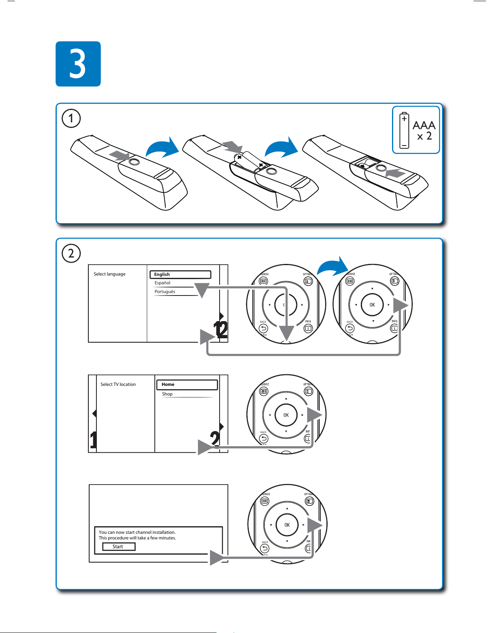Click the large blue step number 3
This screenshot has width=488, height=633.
[x=78, y=64]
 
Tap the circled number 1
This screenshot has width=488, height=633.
[x=71, y=118]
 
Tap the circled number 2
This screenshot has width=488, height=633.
[x=71, y=254]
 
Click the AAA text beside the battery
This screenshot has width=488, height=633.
[x=424, y=126]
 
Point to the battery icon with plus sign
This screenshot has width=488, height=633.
[x=404, y=130]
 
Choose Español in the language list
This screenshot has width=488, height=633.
[x=163, y=283]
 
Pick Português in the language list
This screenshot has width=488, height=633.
[x=165, y=292]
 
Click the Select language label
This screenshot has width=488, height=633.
[x=110, y=274]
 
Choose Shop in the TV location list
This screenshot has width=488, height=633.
[x=167, y=394]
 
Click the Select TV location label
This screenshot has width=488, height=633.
[x=118, y=385]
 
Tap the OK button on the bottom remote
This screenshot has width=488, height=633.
[x=287, y=525]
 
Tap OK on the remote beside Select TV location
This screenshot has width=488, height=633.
[x=286, y=415]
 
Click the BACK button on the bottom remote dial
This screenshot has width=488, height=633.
[x=265, y=549]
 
